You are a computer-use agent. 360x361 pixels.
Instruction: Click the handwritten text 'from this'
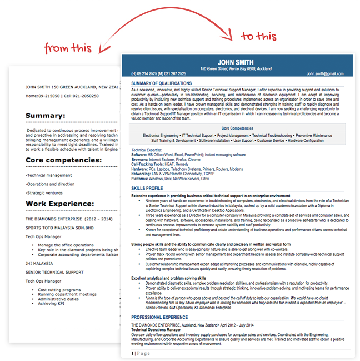click(x=68, y=47)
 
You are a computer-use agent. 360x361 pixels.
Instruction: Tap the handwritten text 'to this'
click(x=258, y=37)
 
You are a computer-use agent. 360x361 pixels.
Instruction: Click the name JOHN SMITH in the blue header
click(x=236, y=62)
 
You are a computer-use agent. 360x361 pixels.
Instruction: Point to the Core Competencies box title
click(x=237, y=128)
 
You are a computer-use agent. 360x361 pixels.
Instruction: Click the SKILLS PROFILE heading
click(x=148, y=189)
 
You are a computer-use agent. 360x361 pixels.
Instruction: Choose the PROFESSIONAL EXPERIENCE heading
click(x=159, y=317)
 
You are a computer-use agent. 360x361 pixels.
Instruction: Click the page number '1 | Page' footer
click(x=141, y=353)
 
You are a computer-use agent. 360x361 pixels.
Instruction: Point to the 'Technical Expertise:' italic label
click(x=147, y=150)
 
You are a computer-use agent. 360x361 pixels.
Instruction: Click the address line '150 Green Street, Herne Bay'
click(x=236, y=69)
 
